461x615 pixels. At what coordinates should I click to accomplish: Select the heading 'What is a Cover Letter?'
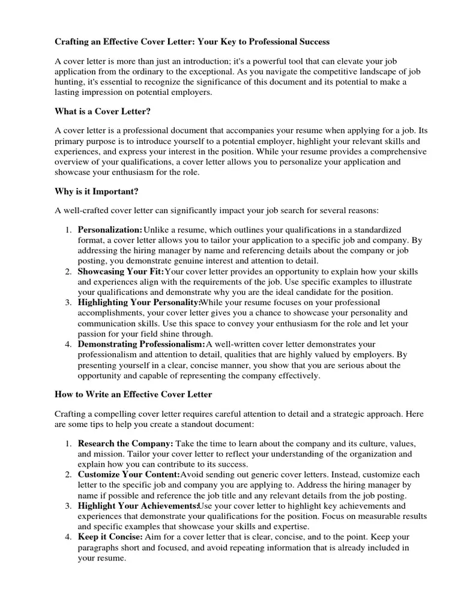[x=103, y=112]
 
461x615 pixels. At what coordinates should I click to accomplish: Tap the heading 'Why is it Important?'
[x=97, y=192]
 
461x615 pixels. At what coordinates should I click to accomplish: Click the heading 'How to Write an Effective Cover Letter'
[x=133, y=395]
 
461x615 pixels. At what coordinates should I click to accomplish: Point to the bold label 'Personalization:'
[x=110, y=230]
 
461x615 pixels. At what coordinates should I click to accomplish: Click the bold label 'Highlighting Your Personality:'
[x=139, y=302]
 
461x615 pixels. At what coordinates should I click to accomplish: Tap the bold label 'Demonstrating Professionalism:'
[x=142, y=344]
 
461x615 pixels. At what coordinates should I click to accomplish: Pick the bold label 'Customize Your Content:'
[x=129, y=474]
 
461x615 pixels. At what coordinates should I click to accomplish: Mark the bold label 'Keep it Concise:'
[x=110, y=538]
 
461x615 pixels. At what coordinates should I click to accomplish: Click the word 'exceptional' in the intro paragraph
[x=233, y=71]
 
